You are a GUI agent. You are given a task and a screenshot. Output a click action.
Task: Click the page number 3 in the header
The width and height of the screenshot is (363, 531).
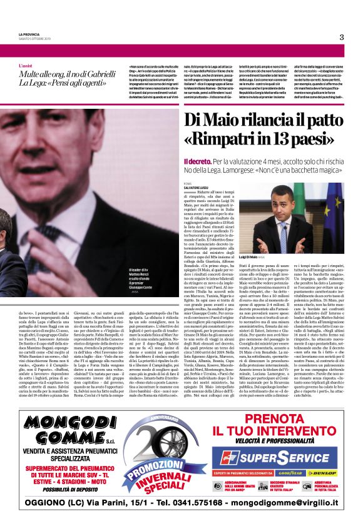coord(342,37)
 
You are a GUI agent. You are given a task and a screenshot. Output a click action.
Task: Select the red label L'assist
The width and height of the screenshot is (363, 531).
coord(26,65)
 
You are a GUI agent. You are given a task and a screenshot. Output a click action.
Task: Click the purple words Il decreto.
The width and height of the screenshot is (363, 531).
coord(195,161)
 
